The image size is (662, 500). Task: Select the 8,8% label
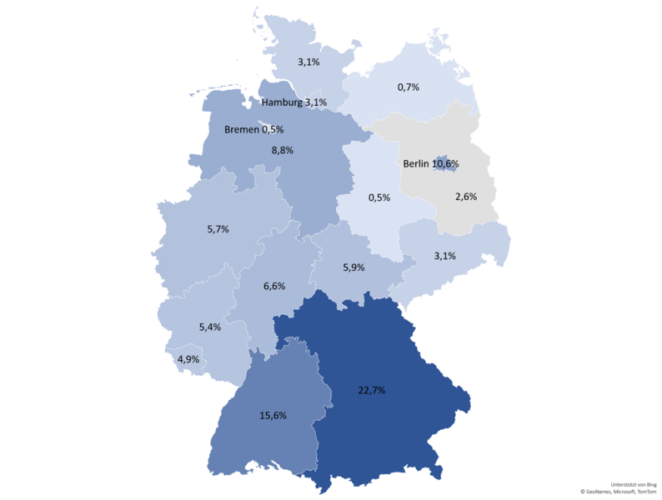click(283, 150)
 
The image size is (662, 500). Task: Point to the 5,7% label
click(217, 228)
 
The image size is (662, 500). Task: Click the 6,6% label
click(274, 286)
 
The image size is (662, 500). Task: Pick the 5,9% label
click(354, 268)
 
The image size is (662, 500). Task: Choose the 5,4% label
click(209, 327)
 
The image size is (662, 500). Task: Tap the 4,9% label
click(188, 359)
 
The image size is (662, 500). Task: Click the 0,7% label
click(408, 87)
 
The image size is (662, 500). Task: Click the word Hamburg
click(282, 102)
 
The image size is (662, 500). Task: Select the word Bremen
click(242, 130)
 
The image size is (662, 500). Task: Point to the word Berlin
click(415, 164)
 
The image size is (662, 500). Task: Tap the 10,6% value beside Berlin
click(445, 164)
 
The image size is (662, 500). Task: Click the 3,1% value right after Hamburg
click(316, 102)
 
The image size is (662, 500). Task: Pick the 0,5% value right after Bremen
click(273, 130)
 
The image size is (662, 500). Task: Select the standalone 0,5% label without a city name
click(379, 197)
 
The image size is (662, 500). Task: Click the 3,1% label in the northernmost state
click(309, 62)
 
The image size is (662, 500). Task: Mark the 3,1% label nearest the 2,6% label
click(444, 255)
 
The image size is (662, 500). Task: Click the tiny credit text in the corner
click(633, 486)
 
